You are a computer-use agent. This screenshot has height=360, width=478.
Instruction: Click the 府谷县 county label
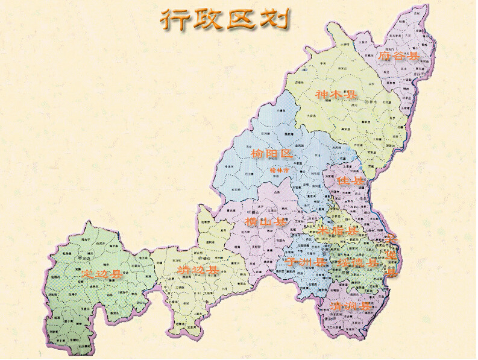[398, 57]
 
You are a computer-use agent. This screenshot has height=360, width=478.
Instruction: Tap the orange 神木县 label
[336, 94]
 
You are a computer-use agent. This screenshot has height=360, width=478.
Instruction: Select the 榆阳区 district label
[272, 154]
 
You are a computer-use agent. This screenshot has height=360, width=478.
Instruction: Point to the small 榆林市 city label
[280, 171]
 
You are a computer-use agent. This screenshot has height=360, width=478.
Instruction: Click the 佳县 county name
[351, 181]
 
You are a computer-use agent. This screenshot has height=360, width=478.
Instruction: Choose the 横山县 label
[266, 222]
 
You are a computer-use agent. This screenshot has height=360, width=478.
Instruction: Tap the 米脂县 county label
[338, 231]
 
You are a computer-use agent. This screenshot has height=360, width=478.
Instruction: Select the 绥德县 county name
[358, 264]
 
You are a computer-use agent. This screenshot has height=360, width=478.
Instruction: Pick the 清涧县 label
[350, 306]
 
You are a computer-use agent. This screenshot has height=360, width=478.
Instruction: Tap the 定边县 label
[101, 274]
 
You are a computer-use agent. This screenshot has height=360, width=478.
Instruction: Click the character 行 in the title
[175, 19]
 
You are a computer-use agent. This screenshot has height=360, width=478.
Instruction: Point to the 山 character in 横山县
[266, 222]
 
